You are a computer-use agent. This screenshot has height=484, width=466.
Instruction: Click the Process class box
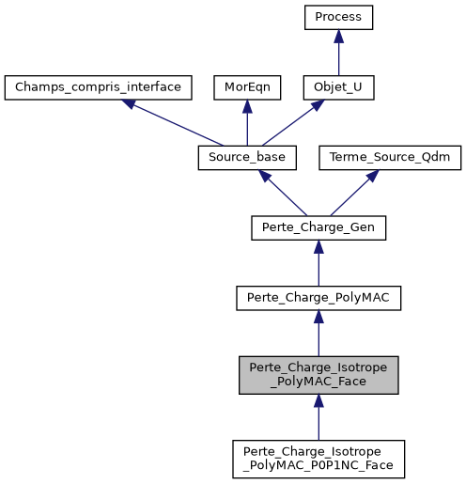coord(338,18)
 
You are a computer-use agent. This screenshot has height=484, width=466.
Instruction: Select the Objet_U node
coord(338,87)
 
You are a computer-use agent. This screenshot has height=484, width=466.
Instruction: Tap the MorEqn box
coord(246,87)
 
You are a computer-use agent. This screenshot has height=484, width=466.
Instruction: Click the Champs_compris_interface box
coord(100,87)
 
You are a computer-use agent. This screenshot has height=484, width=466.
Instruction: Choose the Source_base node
coord(246,157)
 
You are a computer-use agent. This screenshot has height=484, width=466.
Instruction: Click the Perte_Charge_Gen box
coord(318,226)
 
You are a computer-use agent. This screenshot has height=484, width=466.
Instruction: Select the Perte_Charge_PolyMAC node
coord(318,297)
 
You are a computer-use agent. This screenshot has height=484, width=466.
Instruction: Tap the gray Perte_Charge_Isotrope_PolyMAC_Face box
coord(318,374)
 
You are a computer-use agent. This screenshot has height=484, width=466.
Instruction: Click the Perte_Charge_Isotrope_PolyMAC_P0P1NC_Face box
coord(318,458)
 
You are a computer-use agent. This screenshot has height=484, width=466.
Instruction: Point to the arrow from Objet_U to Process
coord(338,54)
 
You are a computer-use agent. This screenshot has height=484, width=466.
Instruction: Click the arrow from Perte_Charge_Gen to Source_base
coord(282,192)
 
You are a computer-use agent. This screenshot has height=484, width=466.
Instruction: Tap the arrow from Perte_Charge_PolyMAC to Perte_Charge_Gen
coord(318,262)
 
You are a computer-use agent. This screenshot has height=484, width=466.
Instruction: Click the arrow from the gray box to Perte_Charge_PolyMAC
coord(318,334)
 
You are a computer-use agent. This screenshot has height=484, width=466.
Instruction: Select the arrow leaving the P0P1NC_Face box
coord(318,416)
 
